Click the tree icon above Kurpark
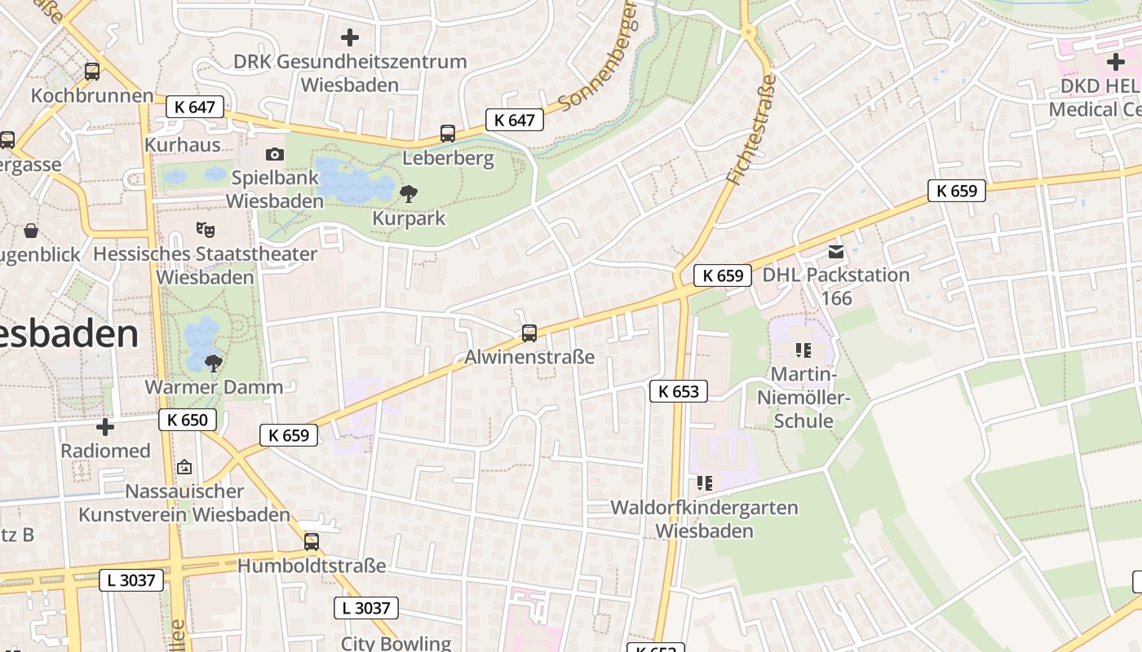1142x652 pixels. coord(409,193)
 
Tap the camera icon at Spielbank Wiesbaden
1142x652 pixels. coord(275,154)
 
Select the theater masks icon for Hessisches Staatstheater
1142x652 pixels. coord(205,230)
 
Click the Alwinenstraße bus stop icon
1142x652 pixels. coord(529,333)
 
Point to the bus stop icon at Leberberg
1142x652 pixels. coord(448,134)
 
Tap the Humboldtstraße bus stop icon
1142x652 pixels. coord(312,541)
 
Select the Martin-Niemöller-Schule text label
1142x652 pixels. coord(803,398)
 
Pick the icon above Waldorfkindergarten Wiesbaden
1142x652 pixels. coord(705,483)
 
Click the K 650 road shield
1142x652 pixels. coord(188,420)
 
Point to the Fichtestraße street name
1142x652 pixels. coord(750,130)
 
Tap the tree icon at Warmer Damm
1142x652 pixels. coord(214,363)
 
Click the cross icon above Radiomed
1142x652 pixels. coord(105,426)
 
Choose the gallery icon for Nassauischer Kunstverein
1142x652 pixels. coord(184,467)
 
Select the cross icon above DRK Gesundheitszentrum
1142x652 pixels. coord(350,37)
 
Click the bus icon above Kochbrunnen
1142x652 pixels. coord(92,72)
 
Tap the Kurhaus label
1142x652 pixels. coord(183,144)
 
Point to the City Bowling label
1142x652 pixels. coord(396,643)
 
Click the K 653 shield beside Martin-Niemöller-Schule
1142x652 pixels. coord(679,391)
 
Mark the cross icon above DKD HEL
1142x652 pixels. coord(1115,62)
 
